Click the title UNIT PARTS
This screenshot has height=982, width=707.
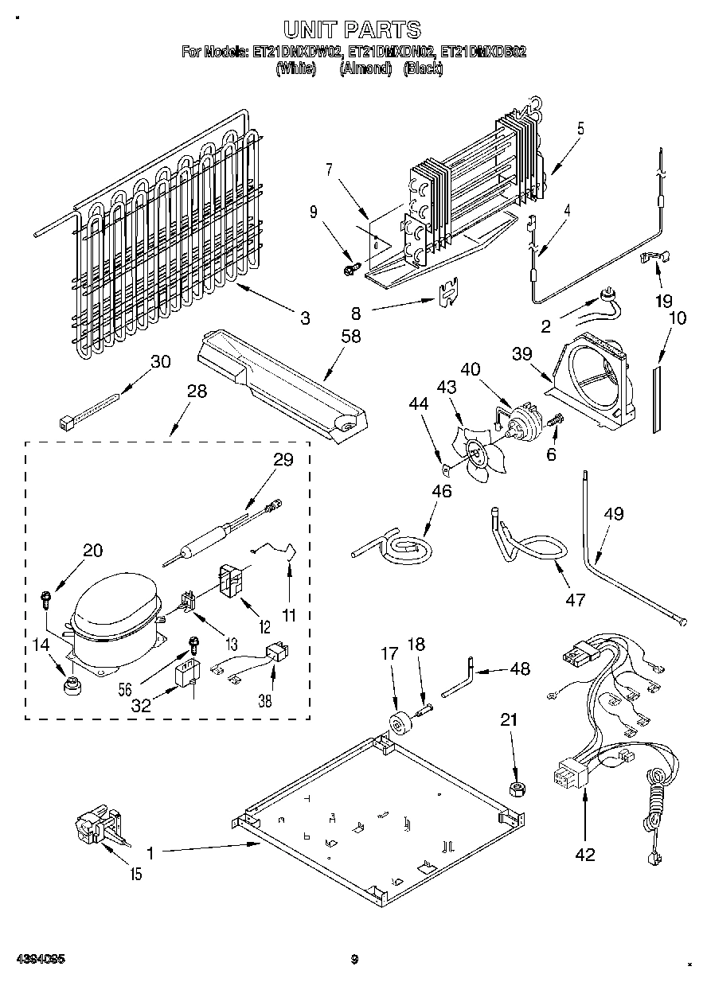pos(353,30)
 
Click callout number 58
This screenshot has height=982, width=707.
pos(350,337)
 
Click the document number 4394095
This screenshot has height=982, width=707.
pos(39,959)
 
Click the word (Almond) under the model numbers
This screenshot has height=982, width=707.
pos(365,69)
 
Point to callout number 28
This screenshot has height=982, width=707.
pos(197,392)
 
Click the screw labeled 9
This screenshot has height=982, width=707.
pos(349,271)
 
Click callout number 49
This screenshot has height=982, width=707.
pos(613,513)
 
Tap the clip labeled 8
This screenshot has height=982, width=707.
pos(447,292)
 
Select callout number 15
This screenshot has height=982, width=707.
pos(136,875)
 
